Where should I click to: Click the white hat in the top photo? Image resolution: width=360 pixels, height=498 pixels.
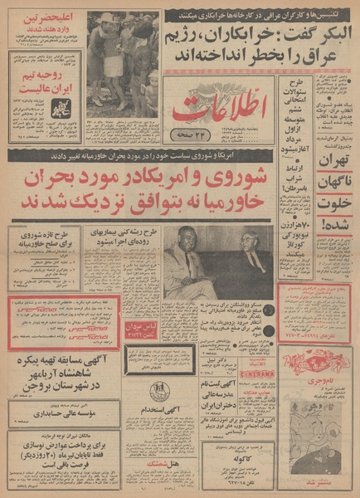click(106, 18)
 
